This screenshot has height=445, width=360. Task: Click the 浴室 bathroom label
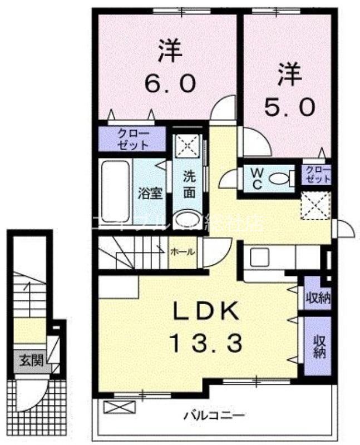click(x=150, y=194)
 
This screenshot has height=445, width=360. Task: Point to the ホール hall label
click(x=182, y=252)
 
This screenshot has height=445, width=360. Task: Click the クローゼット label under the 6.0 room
click(x=132, y=140)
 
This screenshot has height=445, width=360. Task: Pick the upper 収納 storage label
click(x=318, y=298)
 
